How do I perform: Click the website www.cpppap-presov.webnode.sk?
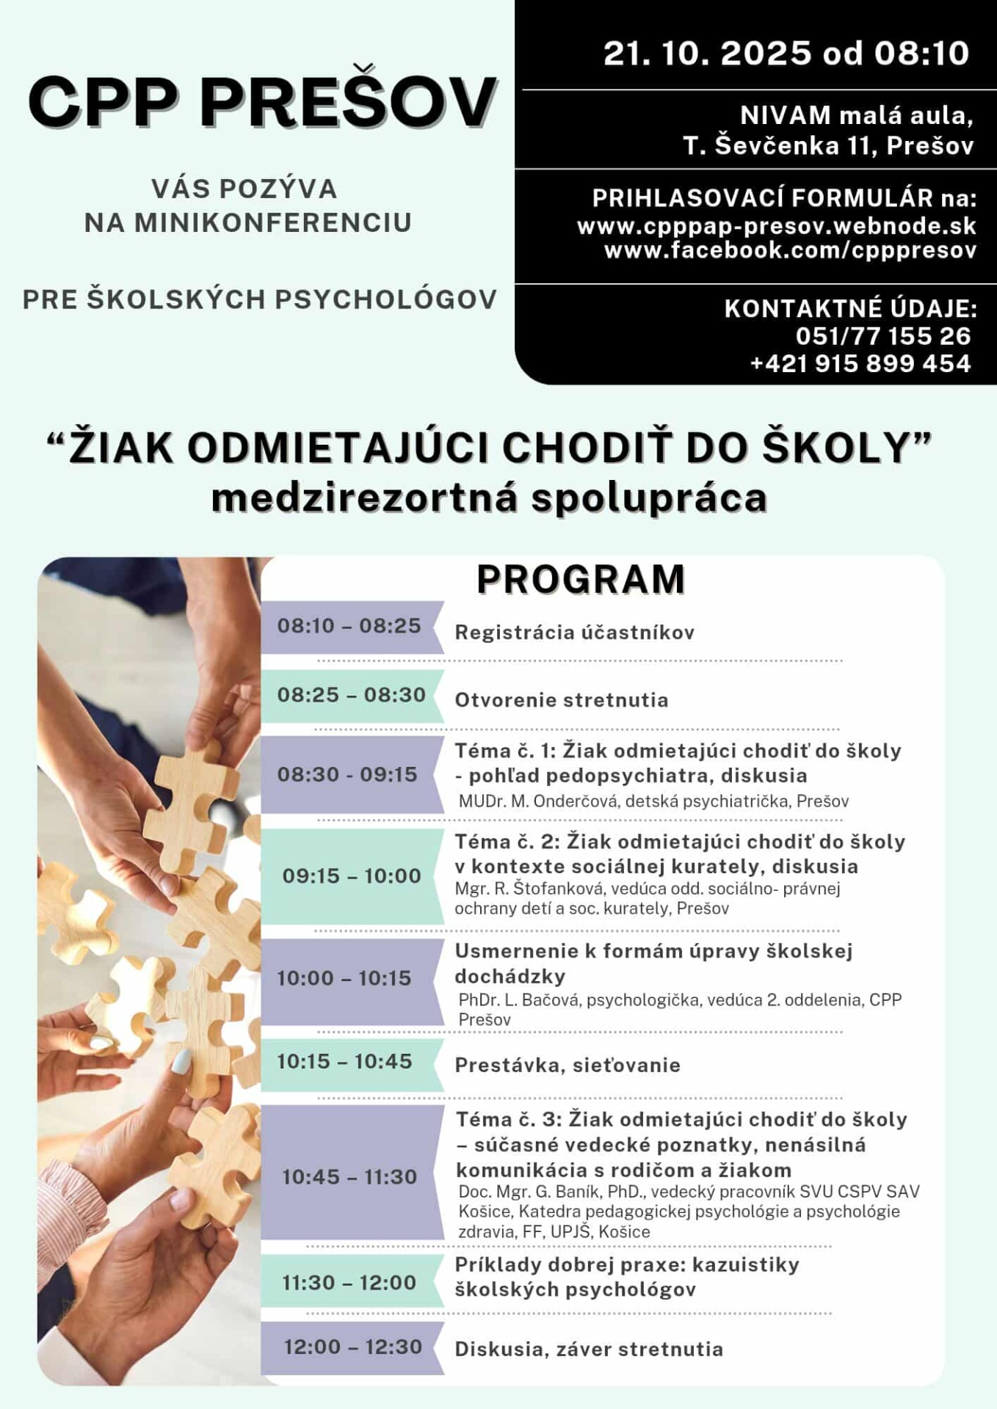click(x=777, y=225)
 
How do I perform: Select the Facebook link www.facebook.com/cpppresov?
click(x=790, y=250)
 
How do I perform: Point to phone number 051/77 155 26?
click(x=883, y=336)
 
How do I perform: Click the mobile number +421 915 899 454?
click(x=860, y=363)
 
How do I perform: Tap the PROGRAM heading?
click(x=581, y=579)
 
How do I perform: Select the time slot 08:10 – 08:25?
click(x=349, y=626)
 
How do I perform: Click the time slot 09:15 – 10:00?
click(x=352, y=875)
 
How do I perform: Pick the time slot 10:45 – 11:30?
click(x=349, y=1177)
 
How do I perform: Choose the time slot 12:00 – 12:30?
click(x=353, y=1347)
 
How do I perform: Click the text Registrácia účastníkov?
click(x=574, y=633)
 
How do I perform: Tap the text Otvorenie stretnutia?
click(x=562, y=700)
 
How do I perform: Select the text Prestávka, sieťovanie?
click(x=568, y=1066)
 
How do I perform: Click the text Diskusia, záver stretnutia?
click(x=589, y=1350)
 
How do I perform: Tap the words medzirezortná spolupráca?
click(x=489, y=498)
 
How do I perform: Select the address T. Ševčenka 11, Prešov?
click(x=828, y=146)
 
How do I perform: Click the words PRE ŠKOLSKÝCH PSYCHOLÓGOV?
click(x=260, y=299)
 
